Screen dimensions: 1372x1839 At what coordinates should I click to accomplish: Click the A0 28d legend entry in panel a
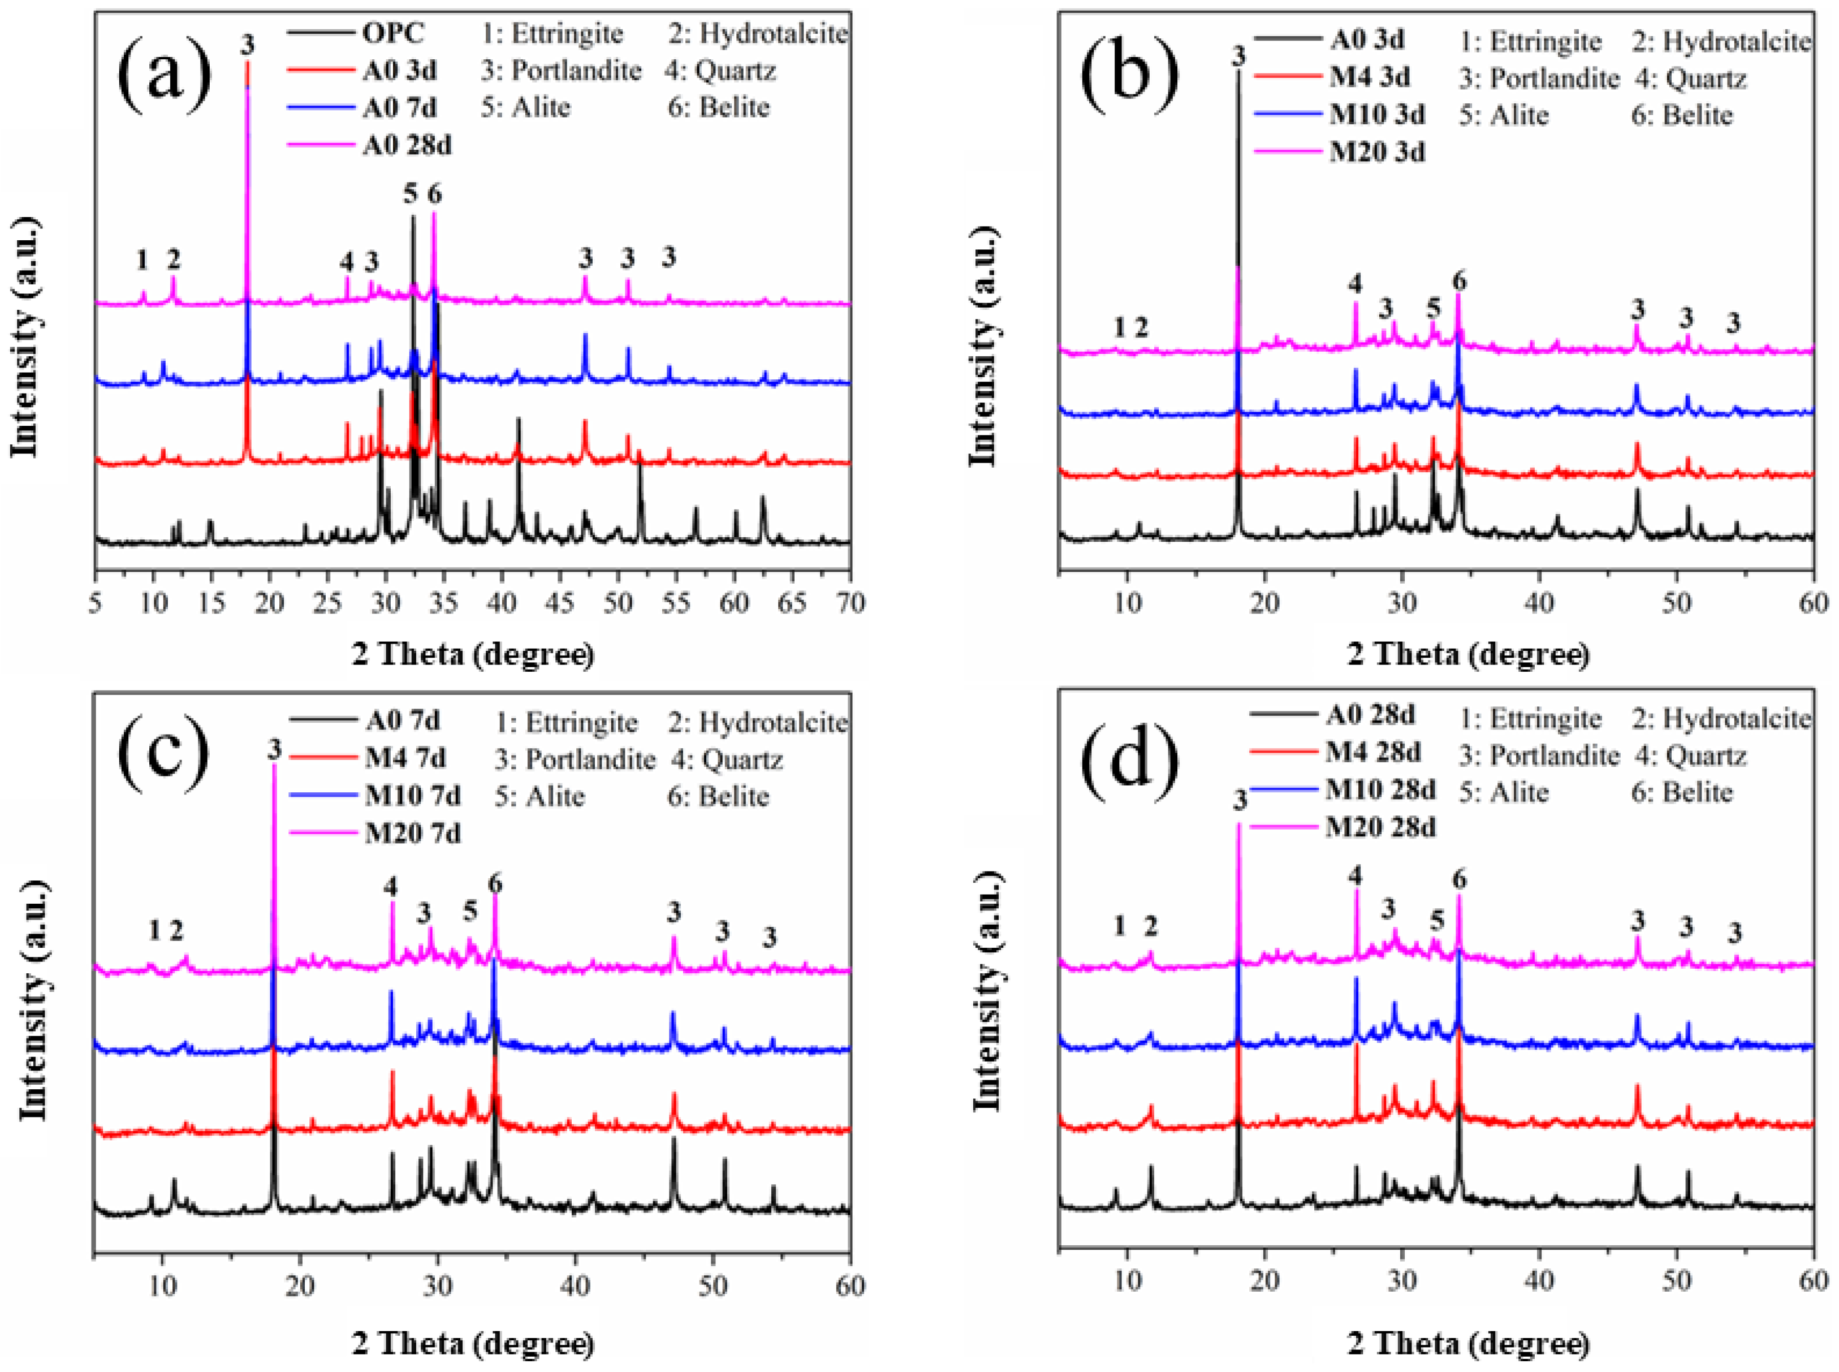click(406, 145)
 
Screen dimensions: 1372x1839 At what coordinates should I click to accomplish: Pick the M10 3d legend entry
click(1376, 115)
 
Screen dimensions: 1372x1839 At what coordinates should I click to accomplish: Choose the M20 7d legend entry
click(412, 833)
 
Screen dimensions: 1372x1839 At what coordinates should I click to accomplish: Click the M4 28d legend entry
click(1372, 752)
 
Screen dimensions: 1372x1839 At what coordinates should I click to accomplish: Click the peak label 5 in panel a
click(410, 194)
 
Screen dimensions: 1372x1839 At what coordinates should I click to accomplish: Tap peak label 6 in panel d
click(1460, 879)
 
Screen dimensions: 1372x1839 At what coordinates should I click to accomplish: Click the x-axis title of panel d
click(1468, 1343)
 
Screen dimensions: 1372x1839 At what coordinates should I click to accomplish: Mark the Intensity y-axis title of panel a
click(25, 336)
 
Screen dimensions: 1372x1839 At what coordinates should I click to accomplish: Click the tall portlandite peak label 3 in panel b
click(1239, 56)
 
